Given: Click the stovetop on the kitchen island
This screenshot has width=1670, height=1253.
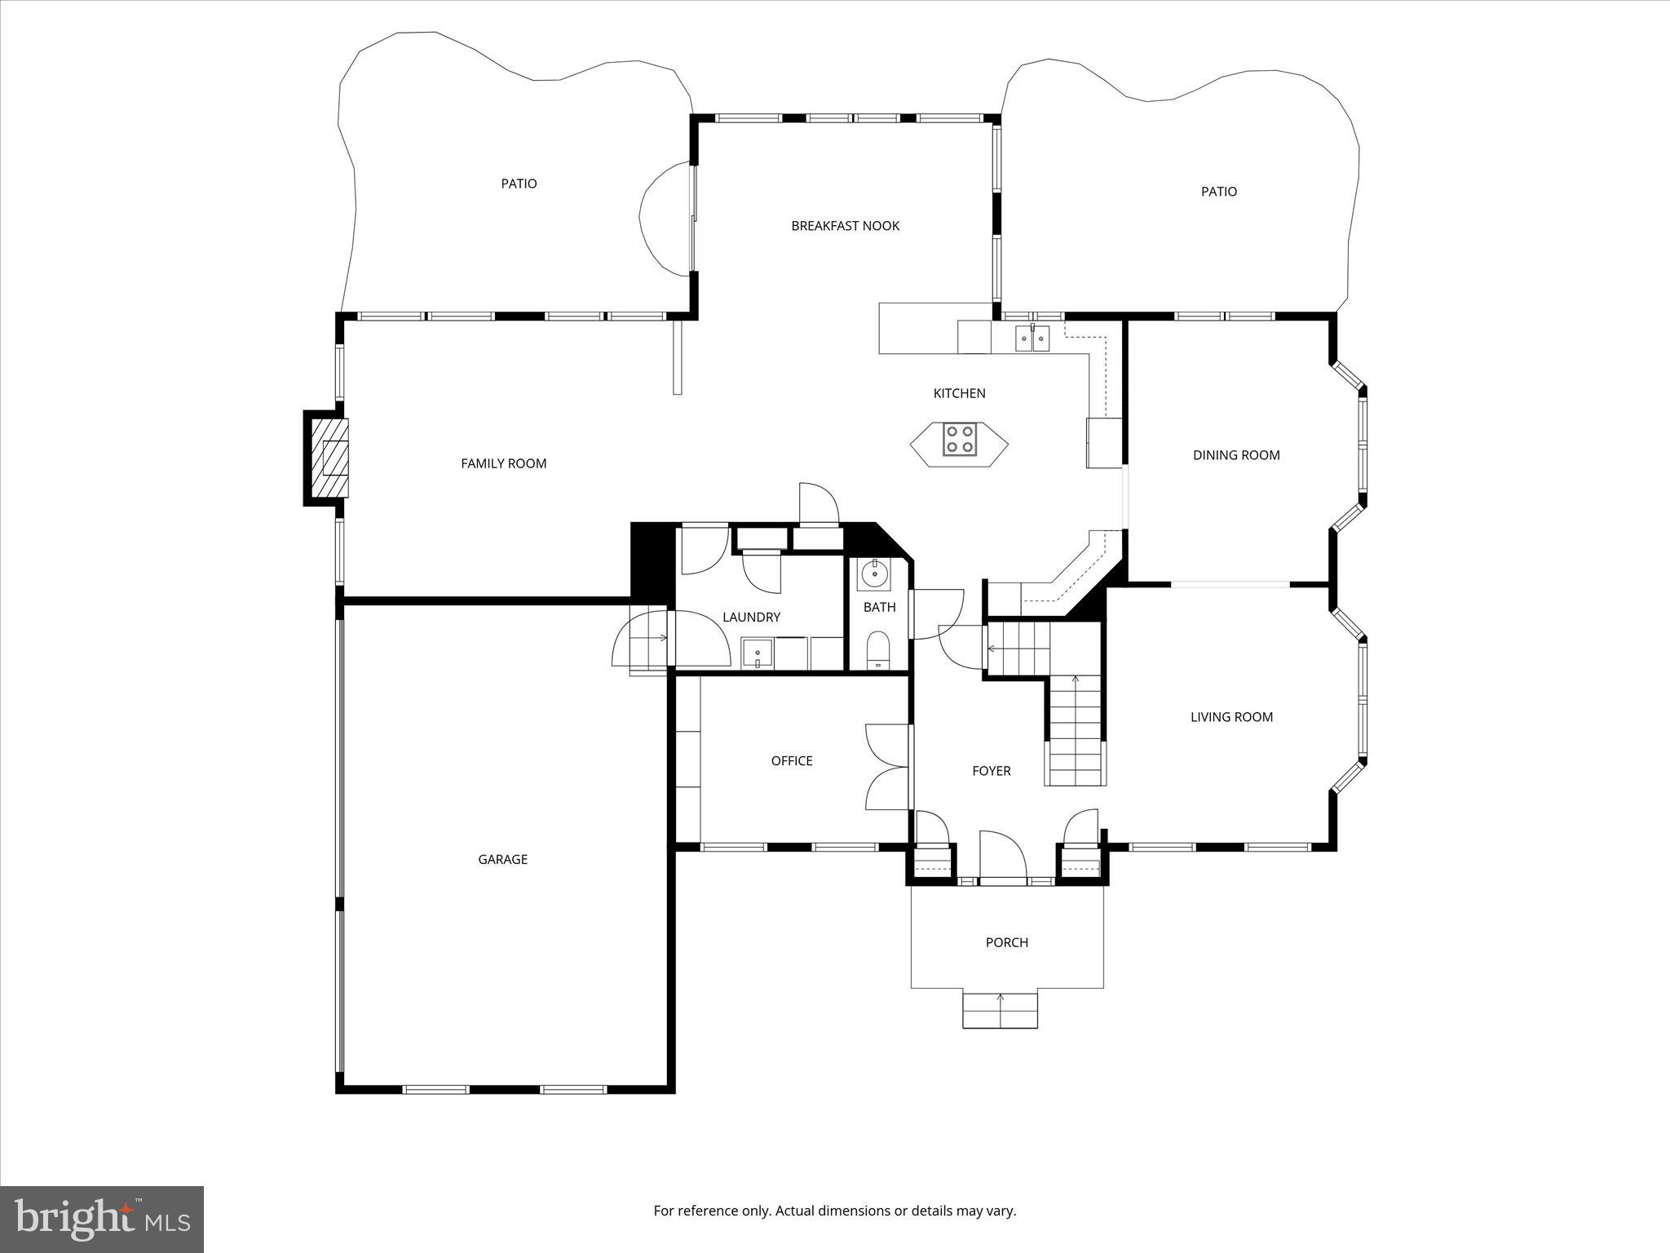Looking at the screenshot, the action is [x=959, y=440].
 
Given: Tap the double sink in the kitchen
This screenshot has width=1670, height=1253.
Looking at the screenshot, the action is [x=1032, y=338].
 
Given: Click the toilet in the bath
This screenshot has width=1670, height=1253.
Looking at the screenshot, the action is [x=877, y=649].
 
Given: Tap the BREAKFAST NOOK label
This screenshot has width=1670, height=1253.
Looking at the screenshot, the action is [x=845, y=226].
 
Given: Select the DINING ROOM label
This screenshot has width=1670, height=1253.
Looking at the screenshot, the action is [x=1235, y=455].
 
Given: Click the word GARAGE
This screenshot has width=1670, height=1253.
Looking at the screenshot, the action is [x=502, y=859].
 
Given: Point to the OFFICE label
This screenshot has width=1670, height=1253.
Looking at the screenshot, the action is [x=791, y=761].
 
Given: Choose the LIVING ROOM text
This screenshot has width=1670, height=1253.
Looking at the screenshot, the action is [x=1230, y=717].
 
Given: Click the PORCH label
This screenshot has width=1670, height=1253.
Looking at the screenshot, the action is [x=1006, y=942].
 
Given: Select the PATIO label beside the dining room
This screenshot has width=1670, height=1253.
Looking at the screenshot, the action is [x=1218, y=192].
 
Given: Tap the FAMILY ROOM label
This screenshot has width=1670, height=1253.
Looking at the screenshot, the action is [x=503, y=463].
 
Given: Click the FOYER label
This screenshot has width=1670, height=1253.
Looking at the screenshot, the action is [x=991, y=771].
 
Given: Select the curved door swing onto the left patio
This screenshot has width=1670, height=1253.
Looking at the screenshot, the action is [x=662, y=218].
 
